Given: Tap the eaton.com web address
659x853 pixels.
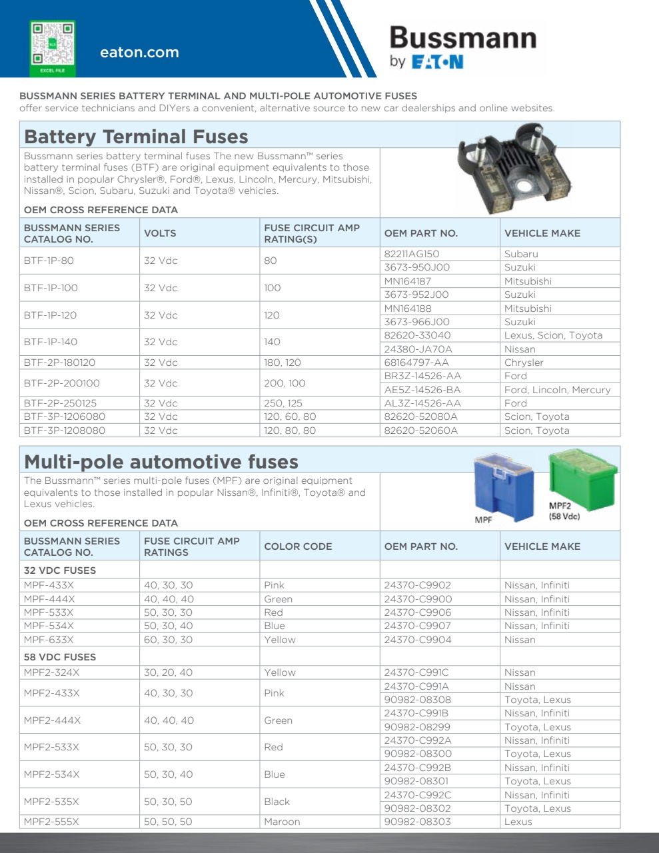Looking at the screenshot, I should point(139,53).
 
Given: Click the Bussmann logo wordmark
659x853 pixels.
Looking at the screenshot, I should point(462,38).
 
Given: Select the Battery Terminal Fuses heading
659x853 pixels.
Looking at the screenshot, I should point(136,137).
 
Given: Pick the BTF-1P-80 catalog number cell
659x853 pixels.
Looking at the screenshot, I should point(49,261).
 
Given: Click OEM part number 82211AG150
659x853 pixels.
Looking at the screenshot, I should point(412,254).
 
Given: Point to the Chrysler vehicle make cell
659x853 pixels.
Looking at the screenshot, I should point(524,363).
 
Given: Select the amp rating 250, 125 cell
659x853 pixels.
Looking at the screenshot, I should point(283,403).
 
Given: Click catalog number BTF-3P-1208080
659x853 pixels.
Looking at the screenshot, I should point(65,430).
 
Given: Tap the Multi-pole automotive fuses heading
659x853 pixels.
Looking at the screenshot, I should point(161,462).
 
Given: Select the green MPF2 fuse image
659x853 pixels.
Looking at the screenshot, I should point(582,476).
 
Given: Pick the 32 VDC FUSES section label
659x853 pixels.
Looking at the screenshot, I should point(60,570).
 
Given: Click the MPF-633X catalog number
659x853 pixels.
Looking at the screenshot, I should point(49,640).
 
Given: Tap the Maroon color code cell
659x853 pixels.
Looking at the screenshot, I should point(282,822).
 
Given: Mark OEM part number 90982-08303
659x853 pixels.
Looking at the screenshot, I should point(418,822).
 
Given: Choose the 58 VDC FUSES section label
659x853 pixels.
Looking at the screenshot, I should point(60,657).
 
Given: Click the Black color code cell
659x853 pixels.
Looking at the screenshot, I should point(277,802).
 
